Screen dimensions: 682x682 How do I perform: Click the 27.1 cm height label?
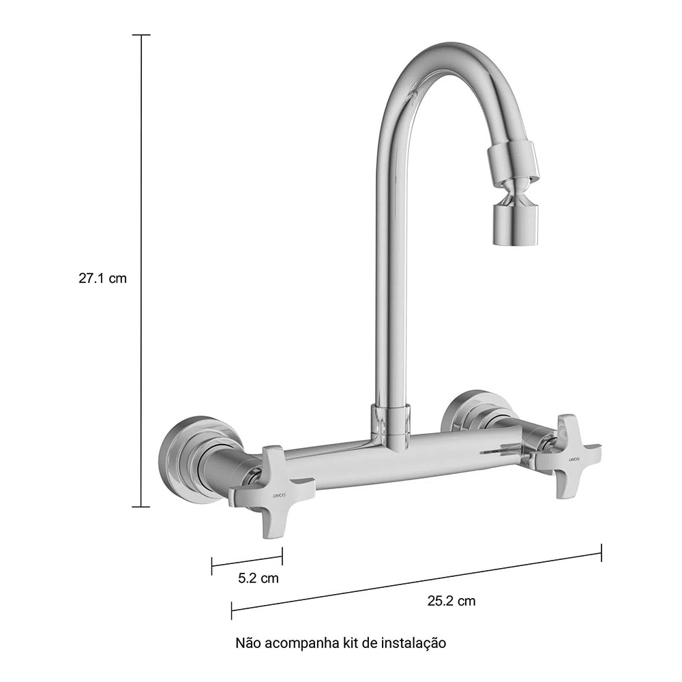click(102, 279)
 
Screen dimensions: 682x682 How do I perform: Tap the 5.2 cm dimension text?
click(258, 578)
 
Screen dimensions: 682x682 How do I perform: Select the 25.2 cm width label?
click(451, 601)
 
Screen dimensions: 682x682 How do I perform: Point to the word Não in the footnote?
click(247, 642)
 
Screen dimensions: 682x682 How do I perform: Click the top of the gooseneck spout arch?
click(450, 56)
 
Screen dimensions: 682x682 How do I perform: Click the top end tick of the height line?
click(141, 35)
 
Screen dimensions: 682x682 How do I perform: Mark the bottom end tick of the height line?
click(141, 507)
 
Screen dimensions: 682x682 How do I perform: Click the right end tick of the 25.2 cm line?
click(601, 552)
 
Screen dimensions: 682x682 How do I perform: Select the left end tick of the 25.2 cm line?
click(232, 610)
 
